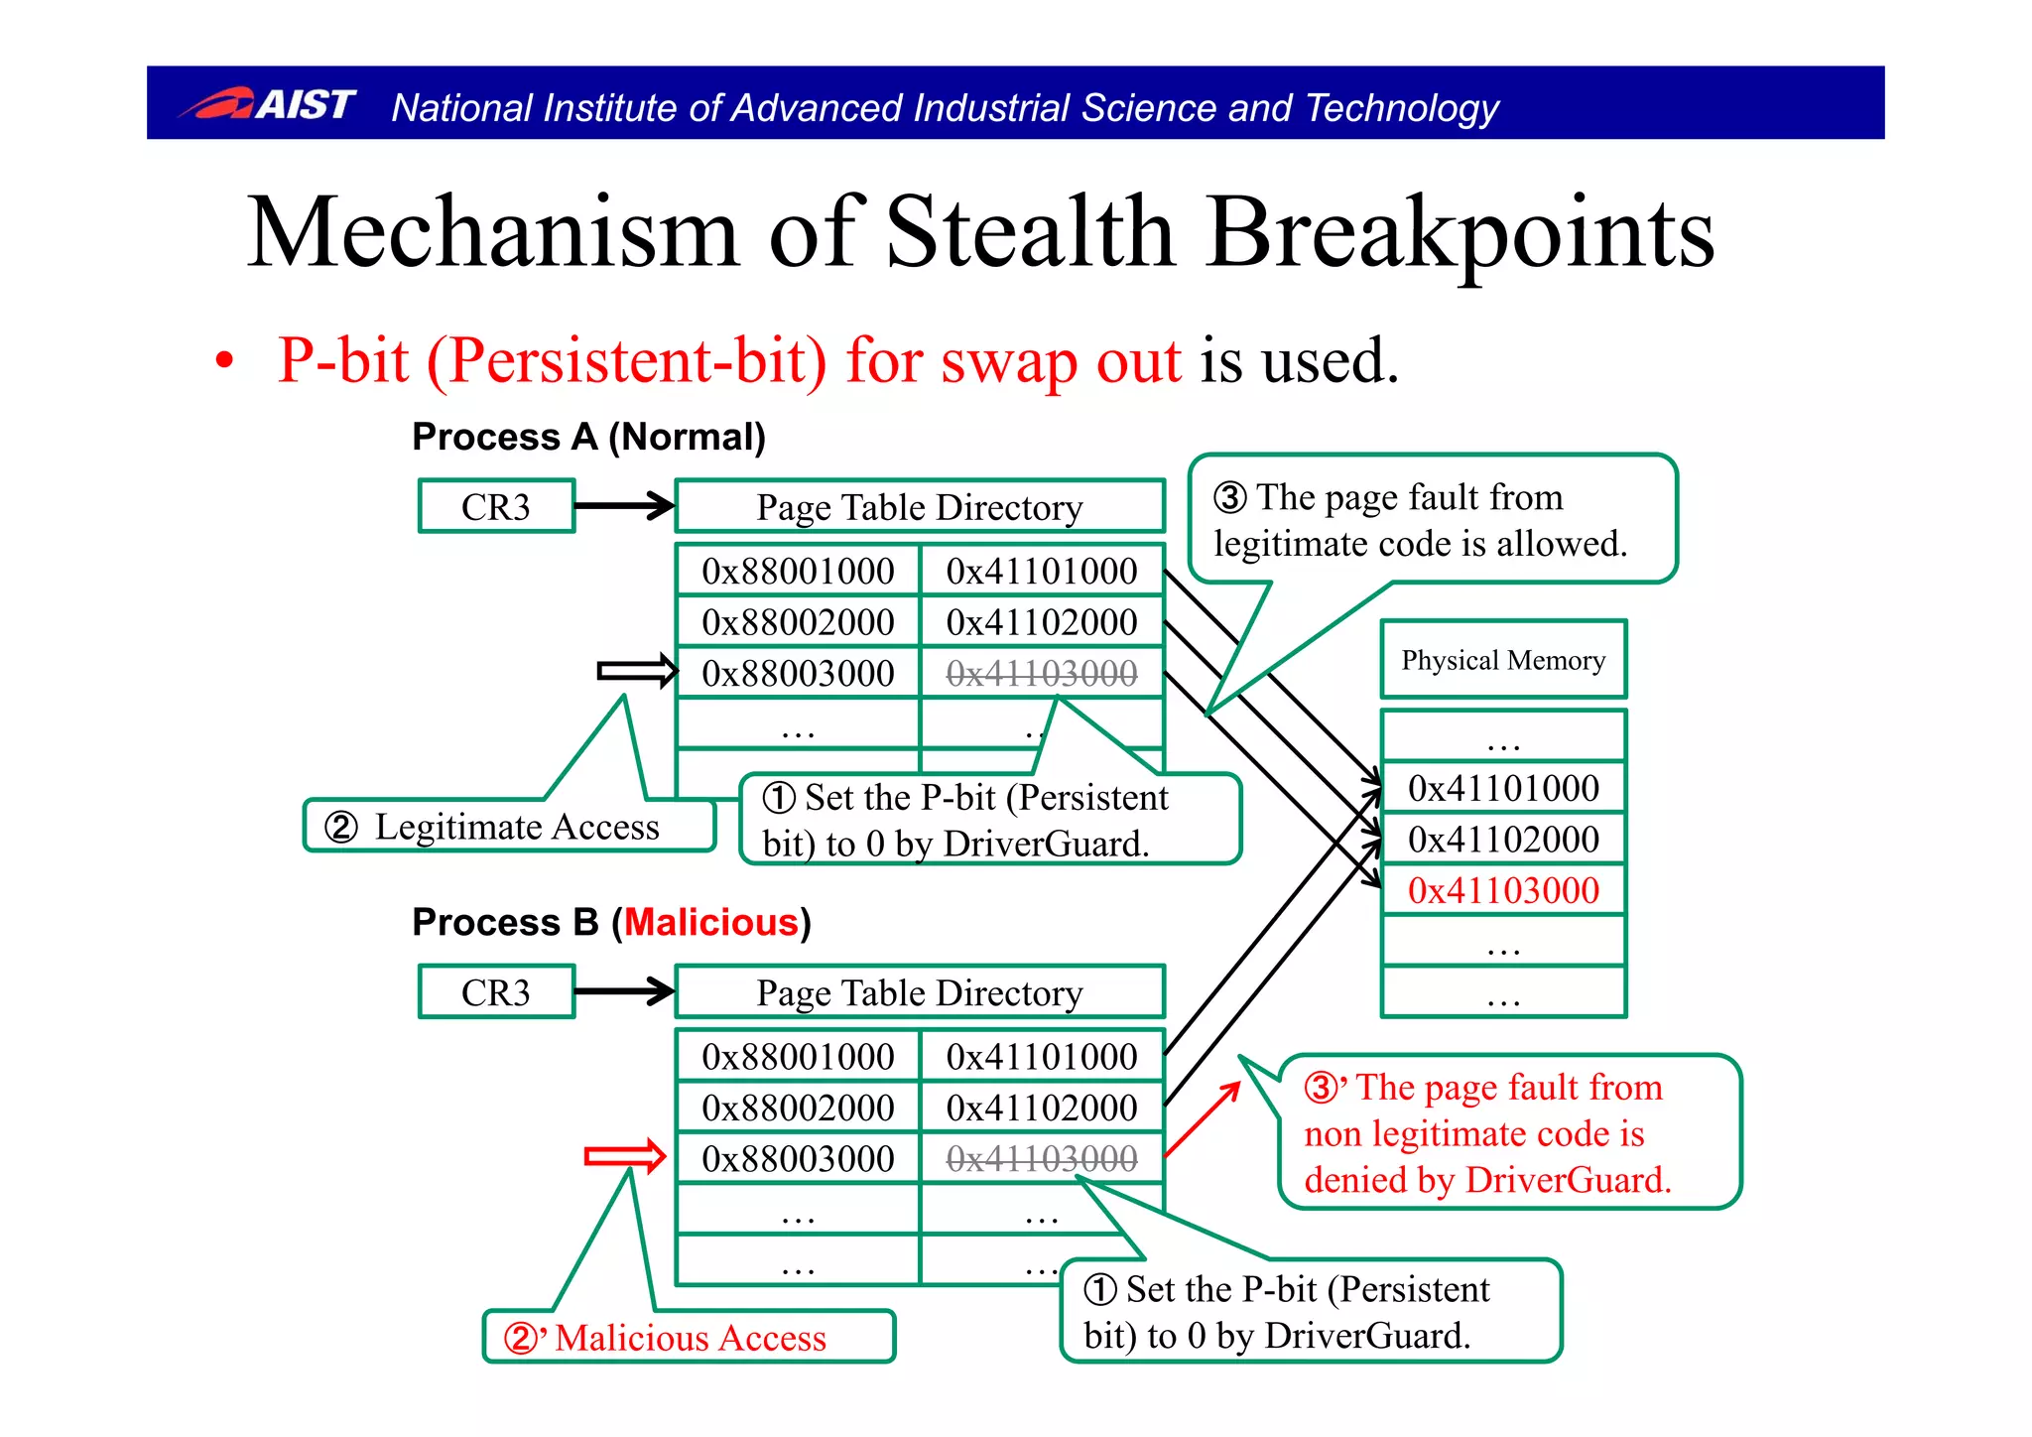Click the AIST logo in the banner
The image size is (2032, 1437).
[x=268, y=103]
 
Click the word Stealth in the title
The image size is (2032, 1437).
[x=1028, y=232]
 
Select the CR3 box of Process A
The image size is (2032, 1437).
[x=496, y=507]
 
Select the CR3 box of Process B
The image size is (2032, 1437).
[x=496, y=992]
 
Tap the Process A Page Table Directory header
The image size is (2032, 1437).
[x=919, y=507]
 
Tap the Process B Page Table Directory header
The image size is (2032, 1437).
[x=919, y=992]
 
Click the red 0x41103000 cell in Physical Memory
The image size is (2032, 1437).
[x=1502, y=890]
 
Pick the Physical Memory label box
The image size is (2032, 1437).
[x=1502, y=660]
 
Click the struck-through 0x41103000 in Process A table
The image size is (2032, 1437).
[x=1041, y=674]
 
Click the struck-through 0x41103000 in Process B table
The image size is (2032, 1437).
[x=1041, y=1158]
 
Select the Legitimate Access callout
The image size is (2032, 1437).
[x=510, y=827]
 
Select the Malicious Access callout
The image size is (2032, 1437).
[x=689, y=1338]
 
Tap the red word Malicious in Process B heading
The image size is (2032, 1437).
[x=710, y=923]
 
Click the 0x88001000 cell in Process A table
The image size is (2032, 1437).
[x=798, y=571]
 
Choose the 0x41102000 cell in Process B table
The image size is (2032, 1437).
[x=1041, y=1108]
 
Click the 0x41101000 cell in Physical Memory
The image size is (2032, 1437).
[x=1502, y=788]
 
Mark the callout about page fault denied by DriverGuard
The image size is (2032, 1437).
[x=1508, y=1133]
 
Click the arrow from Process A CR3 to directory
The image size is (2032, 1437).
[x=623, y=506]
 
